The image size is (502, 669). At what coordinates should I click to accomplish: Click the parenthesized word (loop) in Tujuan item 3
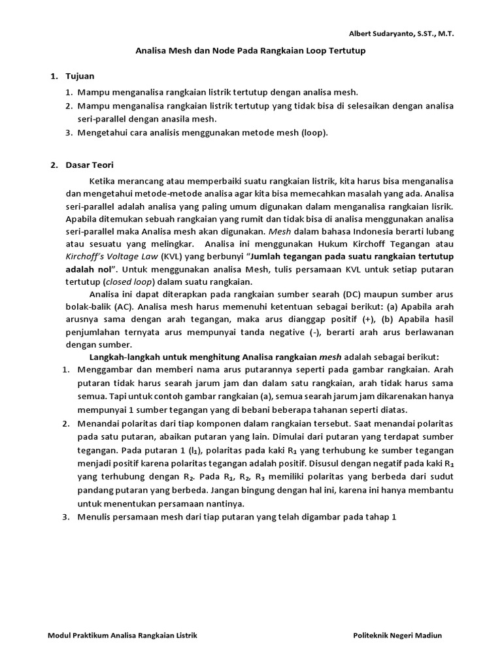313,133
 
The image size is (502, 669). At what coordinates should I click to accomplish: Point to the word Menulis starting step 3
94,517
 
